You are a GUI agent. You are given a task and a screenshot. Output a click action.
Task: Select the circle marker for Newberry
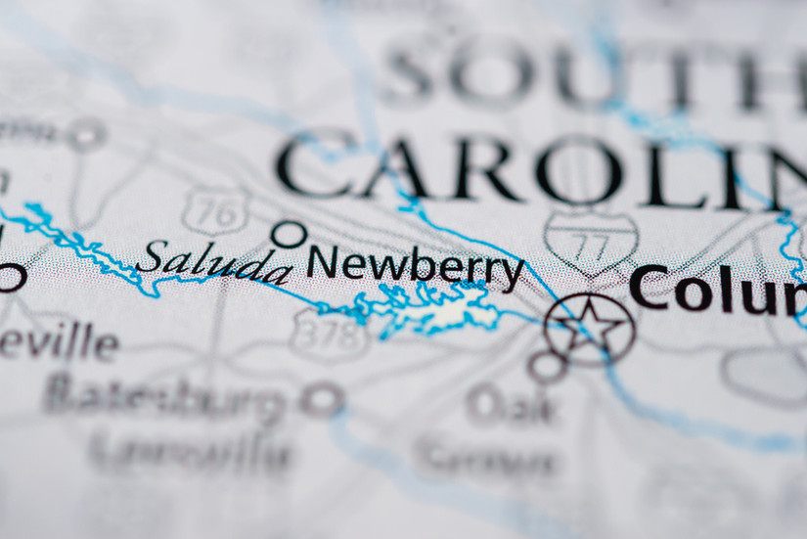coord(289,234)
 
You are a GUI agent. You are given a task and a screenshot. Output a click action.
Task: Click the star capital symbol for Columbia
coord(590,329)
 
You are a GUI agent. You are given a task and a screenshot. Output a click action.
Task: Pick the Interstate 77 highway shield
coord(591,240)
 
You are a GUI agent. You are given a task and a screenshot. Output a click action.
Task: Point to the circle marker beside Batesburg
coord(322,399)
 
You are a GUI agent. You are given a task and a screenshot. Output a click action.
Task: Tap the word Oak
coord(512,404)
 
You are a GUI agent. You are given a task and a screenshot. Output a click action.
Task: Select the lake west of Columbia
coord(440,311)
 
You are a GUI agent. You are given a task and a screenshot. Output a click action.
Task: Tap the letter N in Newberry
coord(325,262)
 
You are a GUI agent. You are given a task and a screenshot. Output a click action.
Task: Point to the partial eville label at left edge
coord(59,342)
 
